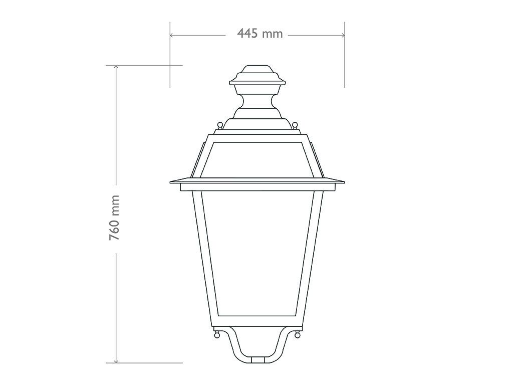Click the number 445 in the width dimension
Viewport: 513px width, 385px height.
(x=248, y=34)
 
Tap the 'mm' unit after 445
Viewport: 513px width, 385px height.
(x=273, y=34)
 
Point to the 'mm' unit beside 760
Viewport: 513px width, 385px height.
(x=115, y=205)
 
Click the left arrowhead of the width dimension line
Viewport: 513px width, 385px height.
(x=172, y=35)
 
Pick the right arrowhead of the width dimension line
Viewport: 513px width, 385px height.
(x=343, y=35)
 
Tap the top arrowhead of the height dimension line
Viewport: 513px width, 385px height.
(x=116, y=67)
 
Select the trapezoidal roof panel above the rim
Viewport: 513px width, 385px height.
(x=257, y=159)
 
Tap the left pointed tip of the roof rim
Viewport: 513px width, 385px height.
(x=171, y=181)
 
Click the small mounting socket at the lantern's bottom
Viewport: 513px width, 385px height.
(x=257, y=359)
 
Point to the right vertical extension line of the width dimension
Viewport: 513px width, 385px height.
(x=344, y=60)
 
